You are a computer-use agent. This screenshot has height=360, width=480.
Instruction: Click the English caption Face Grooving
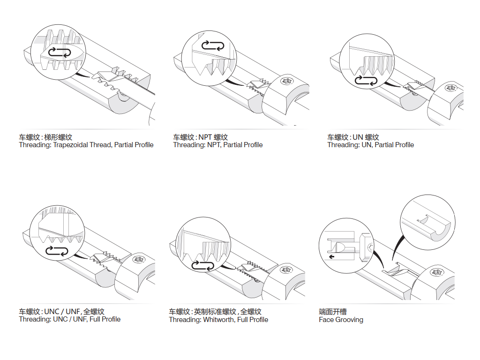click(341, 320)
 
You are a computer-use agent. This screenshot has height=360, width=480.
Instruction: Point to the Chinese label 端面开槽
click(333, 312)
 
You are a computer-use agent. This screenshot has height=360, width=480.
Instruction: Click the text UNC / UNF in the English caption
click(69, 319)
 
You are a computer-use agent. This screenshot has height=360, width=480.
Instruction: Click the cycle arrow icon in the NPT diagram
click(213, 45)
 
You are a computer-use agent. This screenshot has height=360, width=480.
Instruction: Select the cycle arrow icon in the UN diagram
click(366, 81)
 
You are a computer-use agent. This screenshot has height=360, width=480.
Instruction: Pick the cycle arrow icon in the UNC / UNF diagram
click(58, 251)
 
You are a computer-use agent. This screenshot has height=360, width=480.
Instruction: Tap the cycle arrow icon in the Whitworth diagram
click(203, 266)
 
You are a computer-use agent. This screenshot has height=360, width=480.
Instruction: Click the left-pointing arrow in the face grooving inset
click(332, 257)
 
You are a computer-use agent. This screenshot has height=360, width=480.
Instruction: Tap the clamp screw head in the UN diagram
click(451, 88)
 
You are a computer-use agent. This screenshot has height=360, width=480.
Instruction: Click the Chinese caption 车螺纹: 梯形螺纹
click(45, 137)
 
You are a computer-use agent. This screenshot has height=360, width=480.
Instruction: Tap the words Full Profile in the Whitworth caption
click(253, 320)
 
